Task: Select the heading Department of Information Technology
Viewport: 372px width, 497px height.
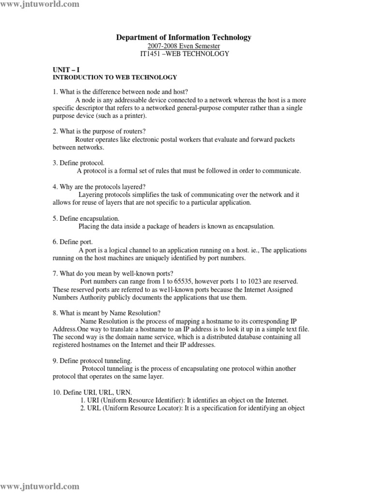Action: click(x=184, y=37)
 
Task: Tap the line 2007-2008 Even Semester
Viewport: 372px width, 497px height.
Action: click(x=184, y=46)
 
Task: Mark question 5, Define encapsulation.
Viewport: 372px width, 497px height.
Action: click(x=86, y=218)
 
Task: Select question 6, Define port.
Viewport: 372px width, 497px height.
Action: click(x=73, y=242)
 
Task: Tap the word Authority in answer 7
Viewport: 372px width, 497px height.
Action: click(x=94, y=298)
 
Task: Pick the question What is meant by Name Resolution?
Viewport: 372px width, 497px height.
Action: click(x=107, y=313)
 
